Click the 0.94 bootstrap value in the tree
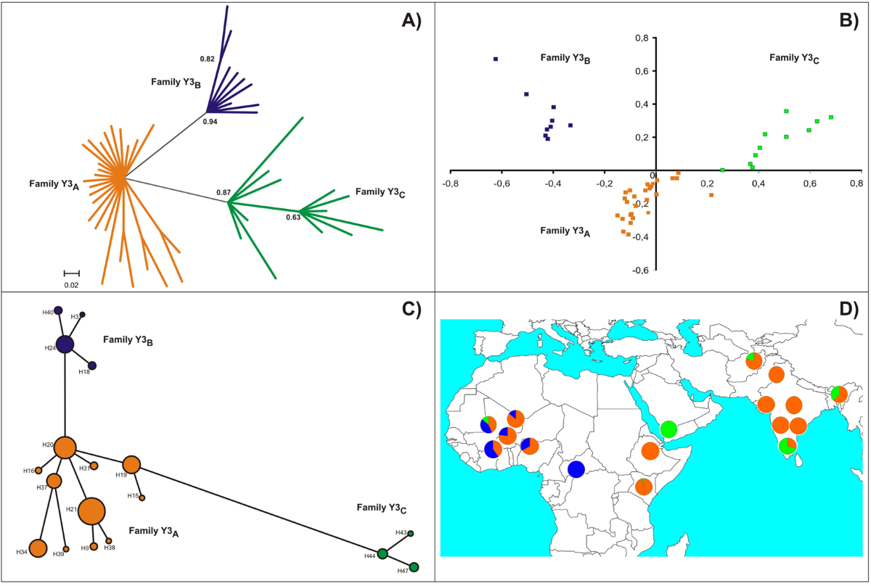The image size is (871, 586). tap(209, 122)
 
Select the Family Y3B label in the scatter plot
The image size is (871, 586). tap(565, 58)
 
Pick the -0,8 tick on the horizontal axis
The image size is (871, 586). tap(451, 183)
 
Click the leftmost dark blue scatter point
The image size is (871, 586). tap(496, 59)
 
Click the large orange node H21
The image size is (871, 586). tap(91, 512)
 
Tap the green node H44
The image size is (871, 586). tap(383, 555)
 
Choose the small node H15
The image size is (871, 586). tap(142, 498)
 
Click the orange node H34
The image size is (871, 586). tap(38, 549)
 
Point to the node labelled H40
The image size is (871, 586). tap(58, 310)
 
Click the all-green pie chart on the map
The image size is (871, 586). tap(669, 429)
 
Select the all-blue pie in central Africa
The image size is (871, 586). tap(577, 469)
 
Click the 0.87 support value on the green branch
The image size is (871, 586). tap(223, 192)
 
